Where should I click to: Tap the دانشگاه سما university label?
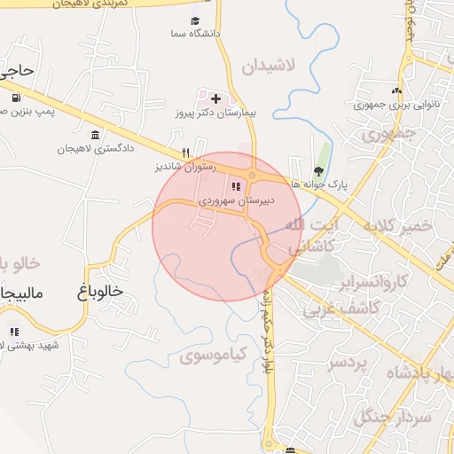(196, 34)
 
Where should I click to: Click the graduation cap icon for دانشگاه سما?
(196, 20)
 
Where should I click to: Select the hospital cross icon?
(215, 97)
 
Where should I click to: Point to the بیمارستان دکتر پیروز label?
(215, 114)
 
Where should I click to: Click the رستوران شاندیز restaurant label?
(181, 166)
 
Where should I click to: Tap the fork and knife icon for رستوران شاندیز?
(185, 152)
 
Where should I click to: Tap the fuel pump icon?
(16, 98)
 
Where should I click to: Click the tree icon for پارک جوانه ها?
(318, 172)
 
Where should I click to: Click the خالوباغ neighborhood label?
(92, 290)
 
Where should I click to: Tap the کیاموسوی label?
(210, 356)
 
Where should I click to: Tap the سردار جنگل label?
(390, 417)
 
